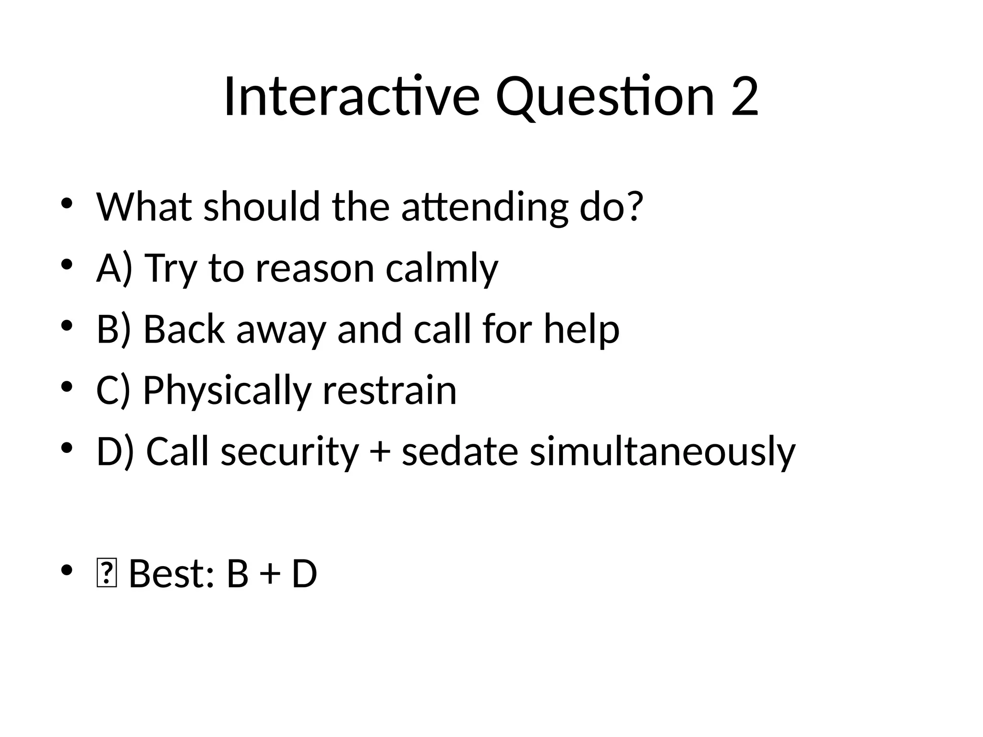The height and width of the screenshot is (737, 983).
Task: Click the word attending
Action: (485, 207)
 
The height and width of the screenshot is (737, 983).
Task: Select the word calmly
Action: (442, 269)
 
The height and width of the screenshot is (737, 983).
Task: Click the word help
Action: (581, 330)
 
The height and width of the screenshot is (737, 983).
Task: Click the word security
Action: (289, 452)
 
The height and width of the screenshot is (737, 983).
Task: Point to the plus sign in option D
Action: (380, 452)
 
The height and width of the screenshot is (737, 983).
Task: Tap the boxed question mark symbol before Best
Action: (106, 574)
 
